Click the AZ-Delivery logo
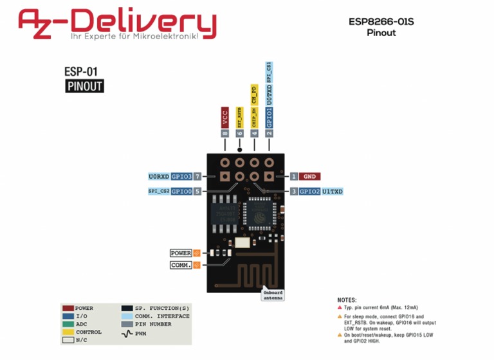pyautogui.click(x=117, y=24)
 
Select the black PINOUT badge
pyautogui.click(x=84, y=86)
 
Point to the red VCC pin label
pyautogui.click(x=224, y=118)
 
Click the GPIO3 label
pyautogui.click(x=182, y=176)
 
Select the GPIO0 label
pyautogui.click(x=182, y=192)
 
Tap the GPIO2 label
pyautogui.click(x=310, y=192)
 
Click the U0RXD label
pyautogui.click(x=158, y=176)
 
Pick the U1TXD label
pyautogui.click(x=333, y=192)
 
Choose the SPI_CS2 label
pyautogui.click(x=158, y=192)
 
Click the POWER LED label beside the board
pyautogui.click(x=181, y=253)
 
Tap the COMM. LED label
pyautogui.click(x=181, y=265)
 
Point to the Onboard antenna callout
pyautogui.click(x=273, y=295)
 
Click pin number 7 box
pyautogui.click(x=198, y=176)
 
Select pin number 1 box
pyautogui.click(x=293, y=176)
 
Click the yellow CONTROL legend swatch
pyautogui.click(x=68, y=332)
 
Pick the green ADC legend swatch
pyautogui.click(x=68, y=324)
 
